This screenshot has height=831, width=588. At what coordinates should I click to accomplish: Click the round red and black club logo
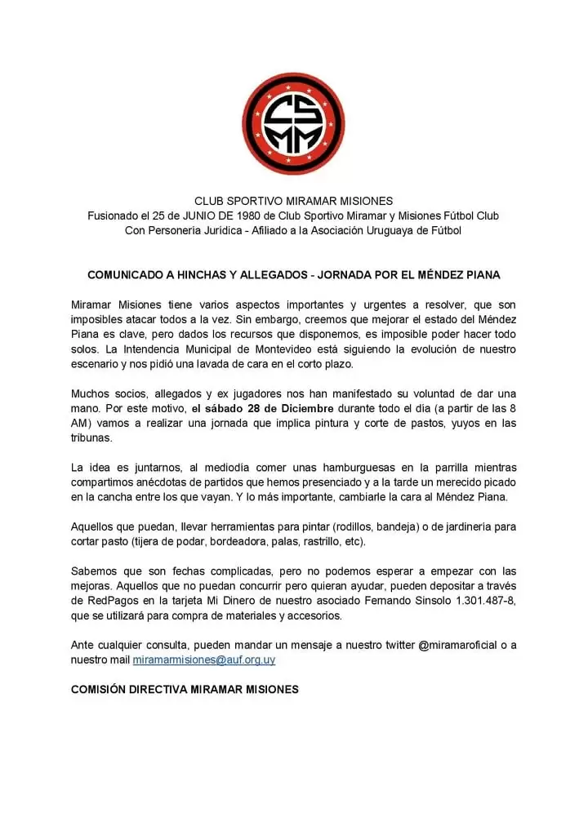pyautogui.click(x=293, y=123)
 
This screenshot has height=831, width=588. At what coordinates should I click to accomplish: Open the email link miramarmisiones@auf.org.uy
pyautogui.click(x=210, y=660)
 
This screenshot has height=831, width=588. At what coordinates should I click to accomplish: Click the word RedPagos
pyautogui.click(x=100, y=601)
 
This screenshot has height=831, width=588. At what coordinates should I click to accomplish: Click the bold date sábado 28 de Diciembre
pyautogui.click(x=255, y=408)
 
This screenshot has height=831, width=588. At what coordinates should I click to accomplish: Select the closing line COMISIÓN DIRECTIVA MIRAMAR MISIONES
pyautogui.click(x=185, y=689)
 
